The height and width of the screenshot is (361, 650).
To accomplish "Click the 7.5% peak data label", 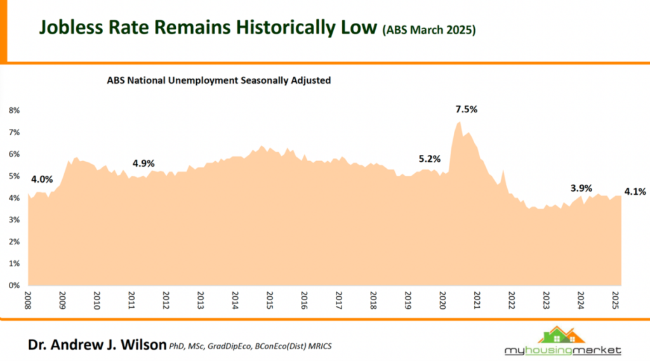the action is pyautogui.click(x=467, y=109).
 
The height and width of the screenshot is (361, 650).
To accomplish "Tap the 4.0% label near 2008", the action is pyautogui.click(x=42, y=180).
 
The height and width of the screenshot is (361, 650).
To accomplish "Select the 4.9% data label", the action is pyautogui.click(x=143, y=164).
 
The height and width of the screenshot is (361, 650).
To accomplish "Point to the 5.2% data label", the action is pyautogui.click(x=430, y=159).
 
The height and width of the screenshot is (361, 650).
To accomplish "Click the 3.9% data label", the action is pyautogui.click(x=581, y=188).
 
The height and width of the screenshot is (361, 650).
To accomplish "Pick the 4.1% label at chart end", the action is pyautogui.click(x=635, y=192).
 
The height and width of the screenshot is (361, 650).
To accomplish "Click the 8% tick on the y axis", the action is pyautogui.click(x=14, y=110).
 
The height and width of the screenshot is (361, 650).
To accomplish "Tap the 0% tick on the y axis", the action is pyautogui.click(x=14, y=285).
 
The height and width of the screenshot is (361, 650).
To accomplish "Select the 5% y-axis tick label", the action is pyautogui.click(x=14, y=176).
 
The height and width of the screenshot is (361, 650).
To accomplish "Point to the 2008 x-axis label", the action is pyautogui.click(x=28, y=300).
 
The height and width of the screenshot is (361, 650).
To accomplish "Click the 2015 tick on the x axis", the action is pyautogui.click(x=269, y=300).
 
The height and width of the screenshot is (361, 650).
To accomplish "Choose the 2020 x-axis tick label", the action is pyautogui.click(x=442, y=300).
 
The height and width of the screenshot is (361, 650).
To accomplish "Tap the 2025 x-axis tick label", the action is pyautogui.click(x=615, y=300).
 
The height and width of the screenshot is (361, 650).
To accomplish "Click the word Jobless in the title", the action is pyautogui.click(x=71, y=27).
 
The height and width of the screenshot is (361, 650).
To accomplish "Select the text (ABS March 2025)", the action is pyautogui.click(x=429, y=30).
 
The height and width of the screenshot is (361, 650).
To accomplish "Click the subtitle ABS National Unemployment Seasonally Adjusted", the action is pyautogui.click(x=219, y=81).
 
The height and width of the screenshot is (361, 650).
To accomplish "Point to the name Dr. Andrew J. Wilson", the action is pyautogui.click(x=97, y=345).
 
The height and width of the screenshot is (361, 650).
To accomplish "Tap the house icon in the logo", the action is pyautogui.click(x=561, y=335).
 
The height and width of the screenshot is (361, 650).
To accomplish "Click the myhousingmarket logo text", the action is pyautogui.click(x=562, y=351).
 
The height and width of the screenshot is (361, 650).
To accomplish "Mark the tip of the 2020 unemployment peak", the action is pyautogui.click(x=459, y=122).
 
